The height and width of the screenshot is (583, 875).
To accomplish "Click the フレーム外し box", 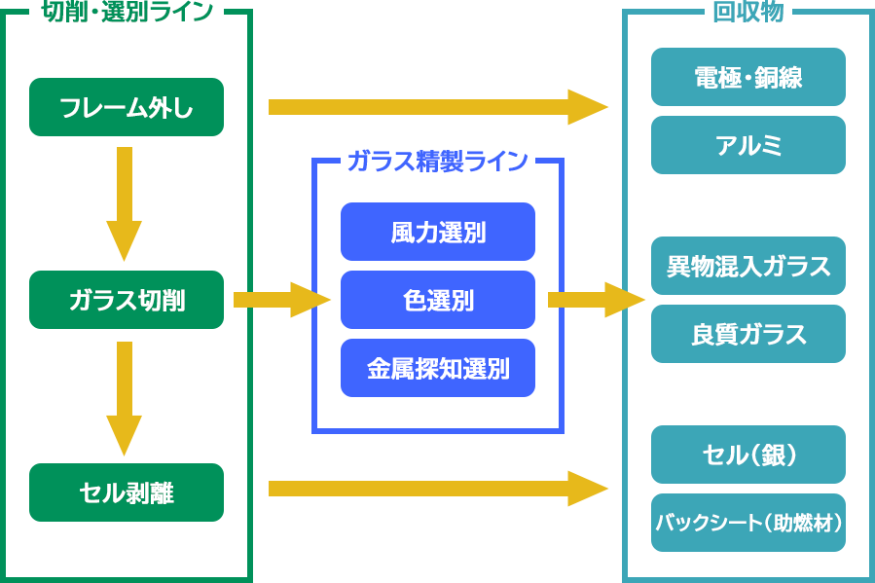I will coord(127,107).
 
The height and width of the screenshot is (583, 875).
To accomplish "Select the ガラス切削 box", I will coord(127,300).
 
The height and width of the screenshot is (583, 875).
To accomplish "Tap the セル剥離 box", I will coord(127,492).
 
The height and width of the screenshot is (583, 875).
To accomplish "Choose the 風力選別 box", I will coord(438,232).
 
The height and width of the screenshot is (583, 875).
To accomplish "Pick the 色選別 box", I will coord(438,300).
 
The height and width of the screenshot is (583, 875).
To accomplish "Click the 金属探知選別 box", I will coord(438,368).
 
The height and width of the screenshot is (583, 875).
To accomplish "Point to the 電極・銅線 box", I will coord(747,77).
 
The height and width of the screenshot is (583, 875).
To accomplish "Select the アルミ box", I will coord(747,145).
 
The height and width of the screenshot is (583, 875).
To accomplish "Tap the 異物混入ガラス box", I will coord(747,266).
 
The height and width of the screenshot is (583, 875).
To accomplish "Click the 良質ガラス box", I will coord(747,334).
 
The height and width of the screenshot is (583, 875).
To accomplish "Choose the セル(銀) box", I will coord(747,455).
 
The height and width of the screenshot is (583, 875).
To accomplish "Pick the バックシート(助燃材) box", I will coord(747,523).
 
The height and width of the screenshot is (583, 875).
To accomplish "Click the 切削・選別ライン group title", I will coord(128,13).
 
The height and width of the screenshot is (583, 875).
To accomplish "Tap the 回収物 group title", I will coord(747,13).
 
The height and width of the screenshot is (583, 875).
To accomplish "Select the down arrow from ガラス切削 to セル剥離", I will coord(124,397).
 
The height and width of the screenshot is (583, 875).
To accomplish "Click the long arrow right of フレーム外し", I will coord(438,107).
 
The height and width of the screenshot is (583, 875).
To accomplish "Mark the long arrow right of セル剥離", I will coord(438,489).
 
